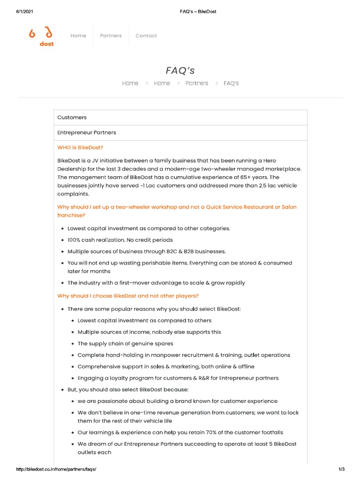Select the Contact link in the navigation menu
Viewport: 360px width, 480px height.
pyautogui.click(x=146, y=36)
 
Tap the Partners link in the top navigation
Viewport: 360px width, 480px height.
pyautogui.click(x=111, y=36)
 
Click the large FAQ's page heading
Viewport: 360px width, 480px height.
pyautogui.click(x=180, y=71)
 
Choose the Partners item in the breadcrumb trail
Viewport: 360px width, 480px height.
pyautogui.click(x=196, y=83)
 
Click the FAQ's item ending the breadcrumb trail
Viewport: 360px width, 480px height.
pyautogui.click(x=231, y=83)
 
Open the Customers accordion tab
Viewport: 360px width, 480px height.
pyautogui.click(x=72, y=117)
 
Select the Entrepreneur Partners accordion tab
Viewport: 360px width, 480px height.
pyautogui.click(x=87, y=133)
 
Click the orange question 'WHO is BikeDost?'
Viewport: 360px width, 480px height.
pyautogui.click(x=80, y=148)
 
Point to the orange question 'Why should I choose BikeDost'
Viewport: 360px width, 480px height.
pyautogui.click(x=128, y=296)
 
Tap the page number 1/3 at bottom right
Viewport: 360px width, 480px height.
pyautogui.click(x=341, y=469)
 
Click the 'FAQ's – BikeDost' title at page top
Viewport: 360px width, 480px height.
pyautogui.click(x=197, y=11)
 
